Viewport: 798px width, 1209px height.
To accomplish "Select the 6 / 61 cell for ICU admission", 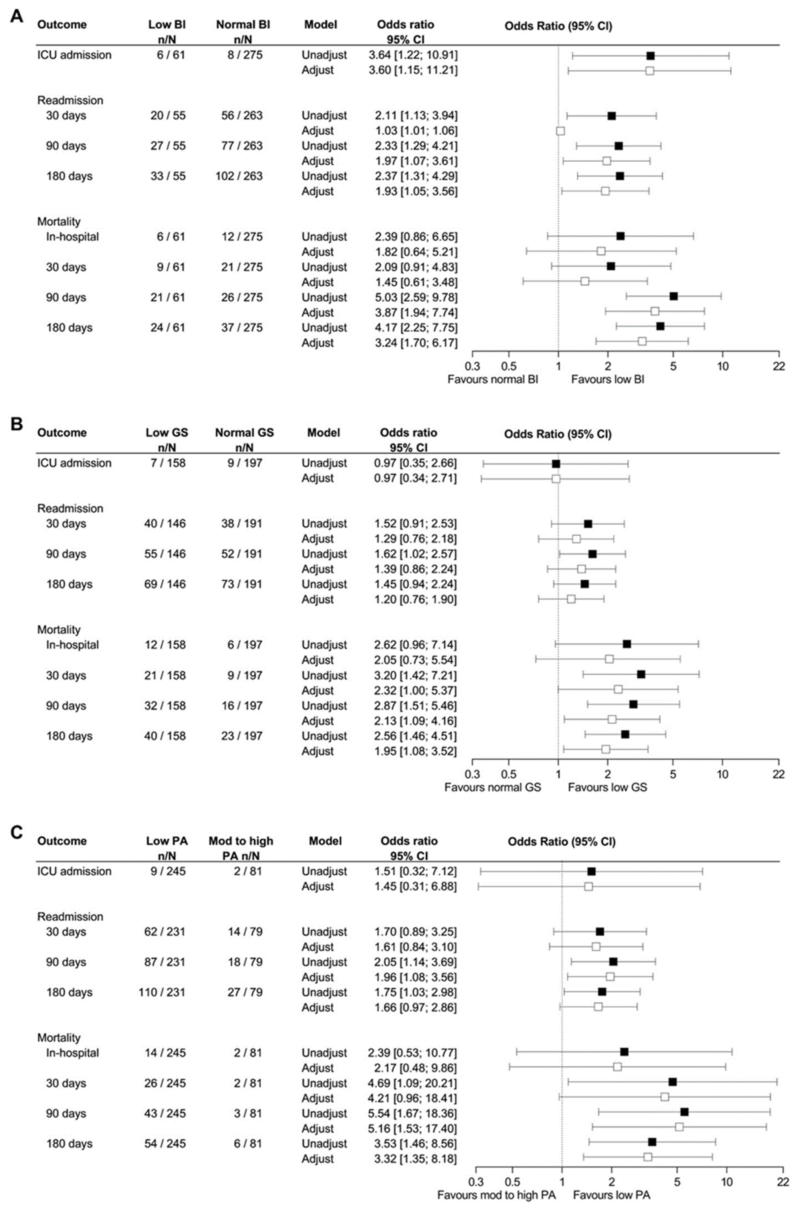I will [171, 55].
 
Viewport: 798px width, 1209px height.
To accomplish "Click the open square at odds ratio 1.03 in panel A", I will [560, 131].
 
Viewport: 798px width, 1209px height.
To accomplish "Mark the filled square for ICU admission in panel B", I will [556, 464].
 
